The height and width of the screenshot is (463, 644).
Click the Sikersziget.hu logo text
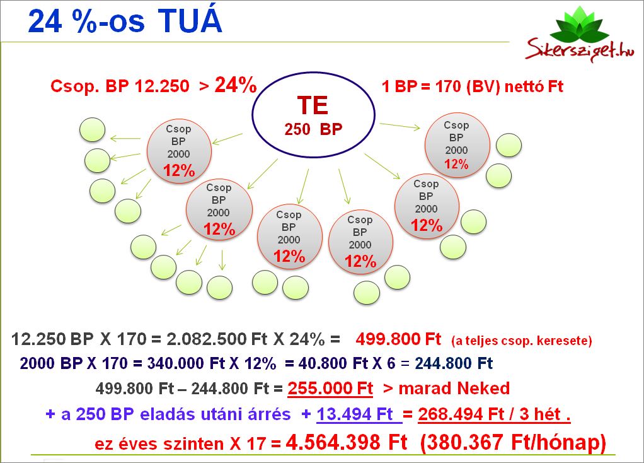[580, 49]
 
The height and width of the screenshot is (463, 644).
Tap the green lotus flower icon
[580, 25]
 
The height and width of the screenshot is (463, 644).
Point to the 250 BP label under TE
[313, 129]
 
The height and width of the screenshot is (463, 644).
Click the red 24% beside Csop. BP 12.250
[236, 85]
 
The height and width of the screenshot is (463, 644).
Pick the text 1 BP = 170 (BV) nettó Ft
[473, 86]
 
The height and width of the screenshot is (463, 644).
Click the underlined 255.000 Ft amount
[330, 388]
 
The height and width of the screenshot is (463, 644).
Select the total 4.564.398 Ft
[347, 442]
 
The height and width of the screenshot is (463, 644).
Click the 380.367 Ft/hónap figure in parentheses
[513, 443]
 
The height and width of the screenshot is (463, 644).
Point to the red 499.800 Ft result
[398, 339]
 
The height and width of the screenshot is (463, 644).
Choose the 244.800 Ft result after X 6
[454, 363]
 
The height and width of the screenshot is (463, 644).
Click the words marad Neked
[454, 388]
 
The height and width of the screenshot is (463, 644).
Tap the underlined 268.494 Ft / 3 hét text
[494, 414]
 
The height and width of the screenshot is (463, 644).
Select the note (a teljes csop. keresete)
[522, 341]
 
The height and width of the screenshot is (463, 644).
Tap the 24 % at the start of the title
[63, 21]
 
